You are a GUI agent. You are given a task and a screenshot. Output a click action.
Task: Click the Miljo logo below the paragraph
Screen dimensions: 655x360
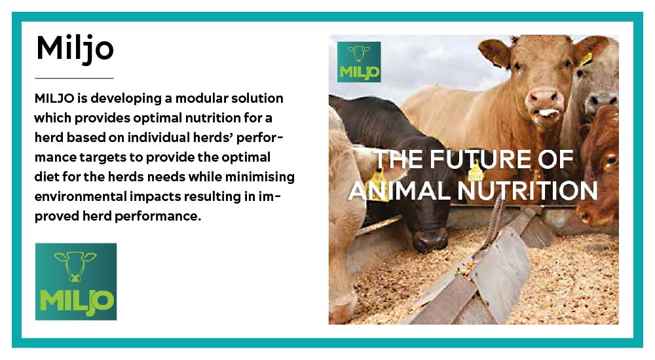click(x=76, y=281)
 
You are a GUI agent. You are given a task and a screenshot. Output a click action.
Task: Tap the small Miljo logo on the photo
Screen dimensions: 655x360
click(x=359, y=62)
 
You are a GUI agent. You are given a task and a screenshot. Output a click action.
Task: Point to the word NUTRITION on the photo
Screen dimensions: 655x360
click(x=527, y=190)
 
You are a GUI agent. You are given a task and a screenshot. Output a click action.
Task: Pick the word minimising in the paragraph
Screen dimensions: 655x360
click(x=260, y=177)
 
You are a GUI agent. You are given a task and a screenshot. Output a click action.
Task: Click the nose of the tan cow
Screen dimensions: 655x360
click(x=545, y=101)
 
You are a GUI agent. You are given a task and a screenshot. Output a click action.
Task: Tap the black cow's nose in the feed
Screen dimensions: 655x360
click(x=430, y=240)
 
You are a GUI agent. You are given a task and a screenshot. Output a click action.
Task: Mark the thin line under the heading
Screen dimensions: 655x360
click(x=75, y=78)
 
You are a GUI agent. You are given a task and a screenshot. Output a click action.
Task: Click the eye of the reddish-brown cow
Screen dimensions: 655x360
click(x=612, y=159)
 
